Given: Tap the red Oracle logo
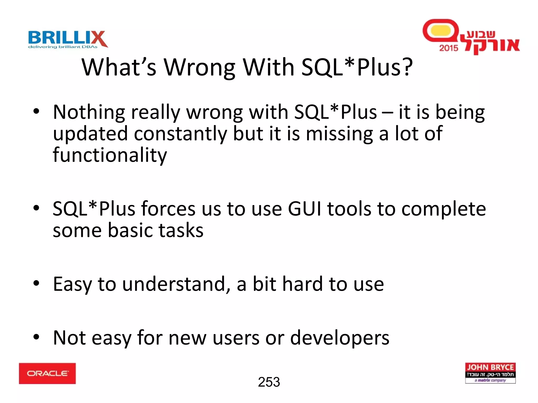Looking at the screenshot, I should pyautogui.click(x=47, y=373).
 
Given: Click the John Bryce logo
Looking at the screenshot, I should pyautogui.click(x=490, y=373).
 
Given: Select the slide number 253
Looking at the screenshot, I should pyautogui.click(x=269, y=382).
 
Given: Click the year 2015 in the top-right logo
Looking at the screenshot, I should pyautogui.click(x=448, y=48).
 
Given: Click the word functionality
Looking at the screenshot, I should pyautogui.click(x=110, y=155).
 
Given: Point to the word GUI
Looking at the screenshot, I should pyautogui.click(x=304, y=209).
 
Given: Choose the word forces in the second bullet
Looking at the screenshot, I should pyautogui.click(x=168, y=209).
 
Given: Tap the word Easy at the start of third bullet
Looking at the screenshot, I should pyautogui.click(x=72, y=284).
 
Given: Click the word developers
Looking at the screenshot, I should pyautogui.click(x=339, y=338).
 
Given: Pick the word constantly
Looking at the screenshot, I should pyautogui.click(x=180, y=134).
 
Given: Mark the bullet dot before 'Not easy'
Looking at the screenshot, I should pyautogui.click(x=36, y=337).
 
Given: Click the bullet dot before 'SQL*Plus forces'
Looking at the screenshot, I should pyautogui.click(x=36, y=208).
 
